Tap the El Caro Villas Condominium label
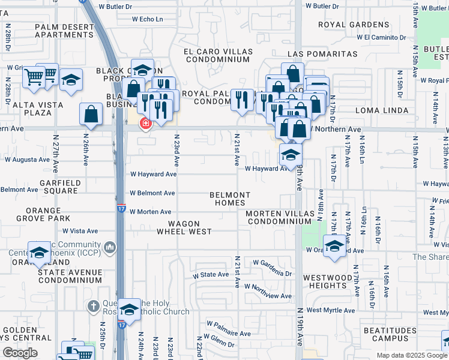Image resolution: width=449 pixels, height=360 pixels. tap(217, 55)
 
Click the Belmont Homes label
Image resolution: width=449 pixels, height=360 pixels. tap(230, 199)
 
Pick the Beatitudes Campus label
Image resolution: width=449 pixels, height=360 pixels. tap(390, 335)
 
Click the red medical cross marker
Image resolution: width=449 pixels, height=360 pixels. tap(145, 124)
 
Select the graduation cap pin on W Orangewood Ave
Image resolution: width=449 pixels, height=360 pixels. tap(334, 245)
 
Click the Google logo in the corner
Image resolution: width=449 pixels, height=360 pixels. tap(20, 353)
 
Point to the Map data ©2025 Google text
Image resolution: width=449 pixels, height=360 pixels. tap(411, 355)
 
